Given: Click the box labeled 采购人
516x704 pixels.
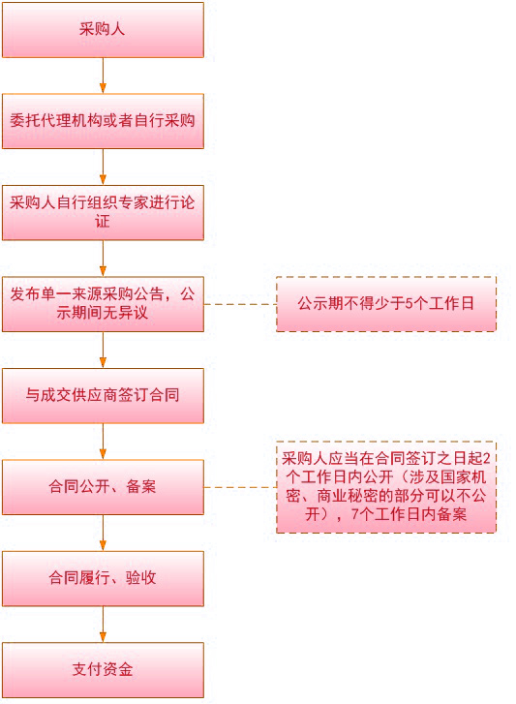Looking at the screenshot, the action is click(x=103, y=30).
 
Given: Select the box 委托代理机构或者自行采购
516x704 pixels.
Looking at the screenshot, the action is click(x=103, y=121).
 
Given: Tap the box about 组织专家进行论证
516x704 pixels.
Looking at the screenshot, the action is click(x=103, y=213).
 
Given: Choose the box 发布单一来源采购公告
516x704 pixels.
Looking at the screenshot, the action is click(x=103, y=304).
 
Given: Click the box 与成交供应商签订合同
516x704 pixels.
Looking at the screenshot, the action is click(x=103, y=395).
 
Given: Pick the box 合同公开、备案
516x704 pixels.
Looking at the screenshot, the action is click(x=103, y=487).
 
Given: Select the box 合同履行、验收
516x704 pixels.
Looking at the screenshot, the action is click(x=103, y=579).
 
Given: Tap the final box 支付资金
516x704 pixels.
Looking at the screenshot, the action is click(x=103, y=670).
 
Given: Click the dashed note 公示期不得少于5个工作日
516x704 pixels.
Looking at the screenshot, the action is click(x=386, y=304).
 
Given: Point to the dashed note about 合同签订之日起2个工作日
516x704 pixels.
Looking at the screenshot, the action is click(x=386, y=487).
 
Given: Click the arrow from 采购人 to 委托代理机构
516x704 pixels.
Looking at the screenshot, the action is click(x=103, y=76).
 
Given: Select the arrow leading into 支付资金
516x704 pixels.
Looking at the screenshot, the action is click(x=103, y=625).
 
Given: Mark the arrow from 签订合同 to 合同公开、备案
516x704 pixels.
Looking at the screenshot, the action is click(x=103, y=442).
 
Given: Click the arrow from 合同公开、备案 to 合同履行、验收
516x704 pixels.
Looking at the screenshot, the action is click(x=103, y=533).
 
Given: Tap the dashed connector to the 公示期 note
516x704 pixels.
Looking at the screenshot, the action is click(x=240, y=304).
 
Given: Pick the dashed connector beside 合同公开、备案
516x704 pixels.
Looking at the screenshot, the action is click(x=240, y=487).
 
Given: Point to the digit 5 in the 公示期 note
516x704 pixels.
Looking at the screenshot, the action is click(x=409, y=304).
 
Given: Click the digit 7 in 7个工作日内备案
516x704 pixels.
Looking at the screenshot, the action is click(x=355, y=514).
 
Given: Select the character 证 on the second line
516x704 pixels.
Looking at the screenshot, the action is click(x=103, y=222).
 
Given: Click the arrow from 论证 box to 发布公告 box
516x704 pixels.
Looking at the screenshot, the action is click(x=103, y=259).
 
